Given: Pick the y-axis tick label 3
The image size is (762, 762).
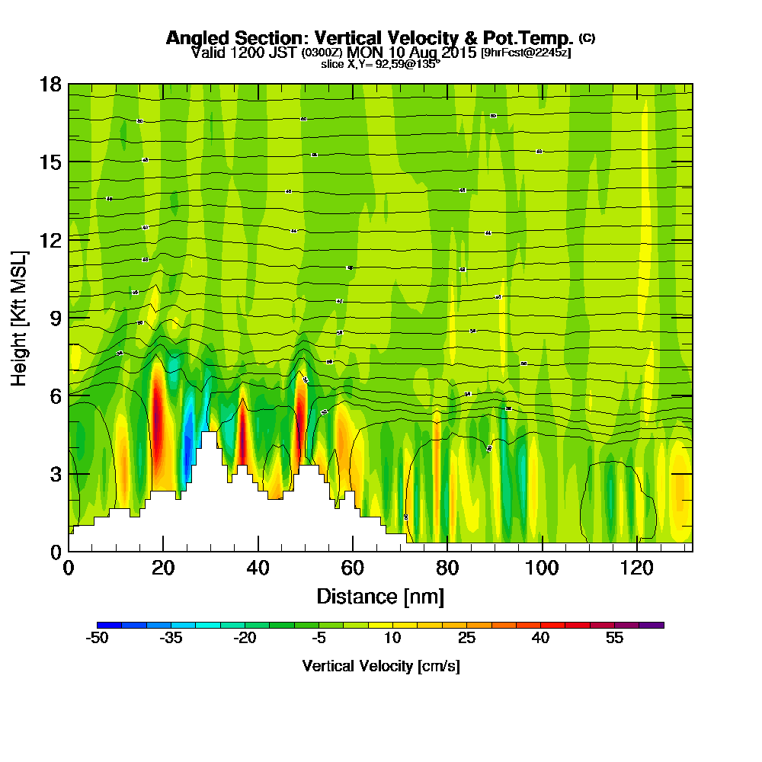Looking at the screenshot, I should tap(55, 473).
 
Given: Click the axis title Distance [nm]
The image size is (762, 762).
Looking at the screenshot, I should tap(380, 596).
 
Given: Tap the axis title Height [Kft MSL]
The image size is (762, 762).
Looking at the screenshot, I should tap(20, 317).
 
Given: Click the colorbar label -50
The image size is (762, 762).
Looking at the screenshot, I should tap(97, 639).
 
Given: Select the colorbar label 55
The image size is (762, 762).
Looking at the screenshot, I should tap(614, 639).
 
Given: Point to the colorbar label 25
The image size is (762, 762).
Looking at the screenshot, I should tap(467, 639).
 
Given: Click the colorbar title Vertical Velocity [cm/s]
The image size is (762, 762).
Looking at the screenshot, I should tap(381, 666).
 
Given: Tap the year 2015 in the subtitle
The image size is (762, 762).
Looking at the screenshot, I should tap(454, 53).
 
